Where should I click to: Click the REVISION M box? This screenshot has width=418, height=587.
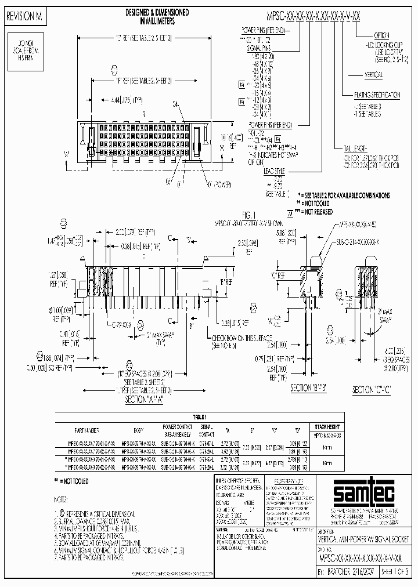tap(24, 17)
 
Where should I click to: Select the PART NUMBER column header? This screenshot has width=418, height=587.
tap(85, 430)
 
